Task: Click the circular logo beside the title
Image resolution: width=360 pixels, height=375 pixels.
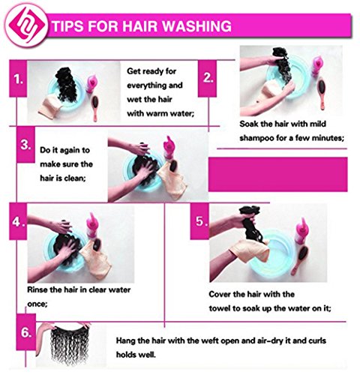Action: coord(25,25)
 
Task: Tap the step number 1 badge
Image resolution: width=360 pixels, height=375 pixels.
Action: coord(18,79)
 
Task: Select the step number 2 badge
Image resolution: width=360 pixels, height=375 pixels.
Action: coord(207,79)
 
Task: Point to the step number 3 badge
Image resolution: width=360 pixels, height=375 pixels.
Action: coord(25,145)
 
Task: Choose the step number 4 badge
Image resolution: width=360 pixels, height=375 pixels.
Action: coord(18,221)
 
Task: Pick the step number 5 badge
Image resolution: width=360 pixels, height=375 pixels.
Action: coord(199,221)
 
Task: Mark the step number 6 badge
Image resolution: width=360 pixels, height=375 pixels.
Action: coord(26,332)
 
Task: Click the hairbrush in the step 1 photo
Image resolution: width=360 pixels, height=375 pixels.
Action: coord(95,108)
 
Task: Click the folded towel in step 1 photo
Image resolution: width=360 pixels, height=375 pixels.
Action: coord(50,106)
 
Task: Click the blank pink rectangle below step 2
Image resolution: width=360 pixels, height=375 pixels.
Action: coord(277,174)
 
